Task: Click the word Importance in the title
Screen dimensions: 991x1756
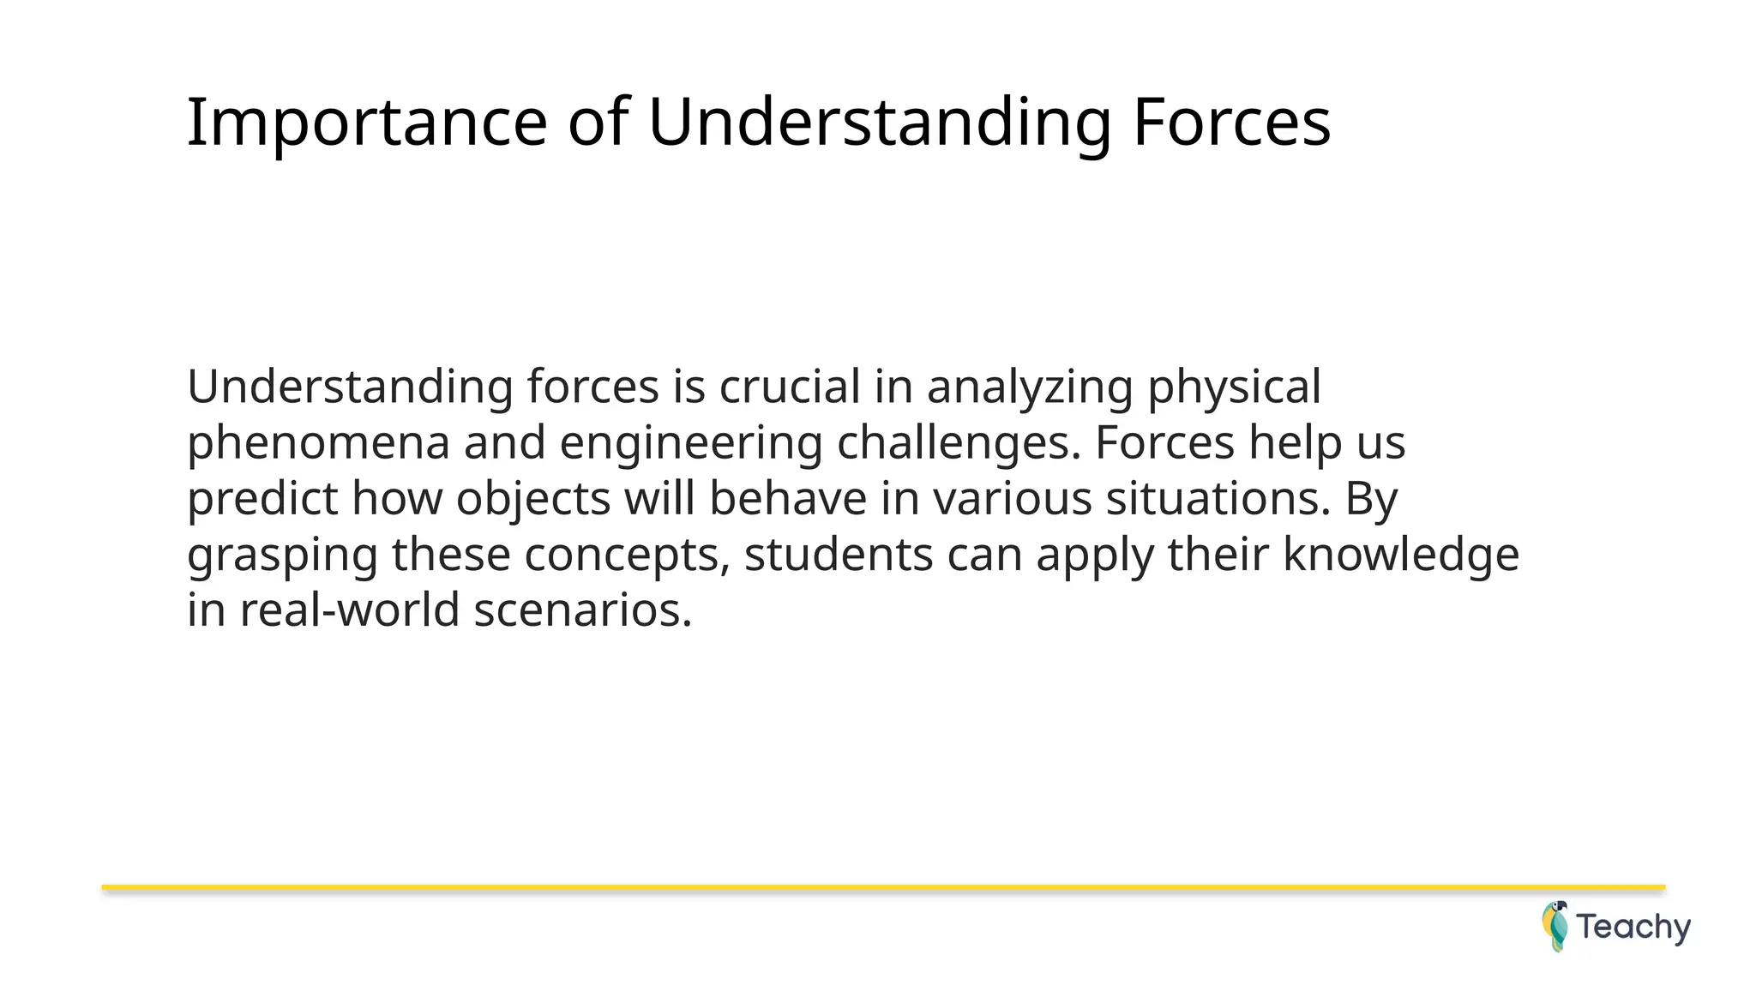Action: click(x=366, y=123)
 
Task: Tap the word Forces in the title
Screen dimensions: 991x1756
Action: click(x=1230, y=123)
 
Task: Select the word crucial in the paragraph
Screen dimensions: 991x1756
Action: click(x=789, y=387)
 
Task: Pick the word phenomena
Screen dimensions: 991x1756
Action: click(x=318, y=444)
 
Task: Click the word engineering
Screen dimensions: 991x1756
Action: click(x=691, y=444)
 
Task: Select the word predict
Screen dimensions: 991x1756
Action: click(x=263, y=500)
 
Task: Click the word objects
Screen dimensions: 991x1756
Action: click(x=532, y=500)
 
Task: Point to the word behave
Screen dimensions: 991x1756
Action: click(x=788, y=498)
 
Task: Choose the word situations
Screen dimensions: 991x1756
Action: click(x=1218, y=498)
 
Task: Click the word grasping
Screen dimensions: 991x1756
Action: click(x=282, y=556)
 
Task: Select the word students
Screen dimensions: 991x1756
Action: click(x=838, y=554)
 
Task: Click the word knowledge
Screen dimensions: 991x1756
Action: click(x=1400, y=556)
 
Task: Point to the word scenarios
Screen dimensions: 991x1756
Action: click(x=582, y=610)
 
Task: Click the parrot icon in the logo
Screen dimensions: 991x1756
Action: click(x=1555, y=926)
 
